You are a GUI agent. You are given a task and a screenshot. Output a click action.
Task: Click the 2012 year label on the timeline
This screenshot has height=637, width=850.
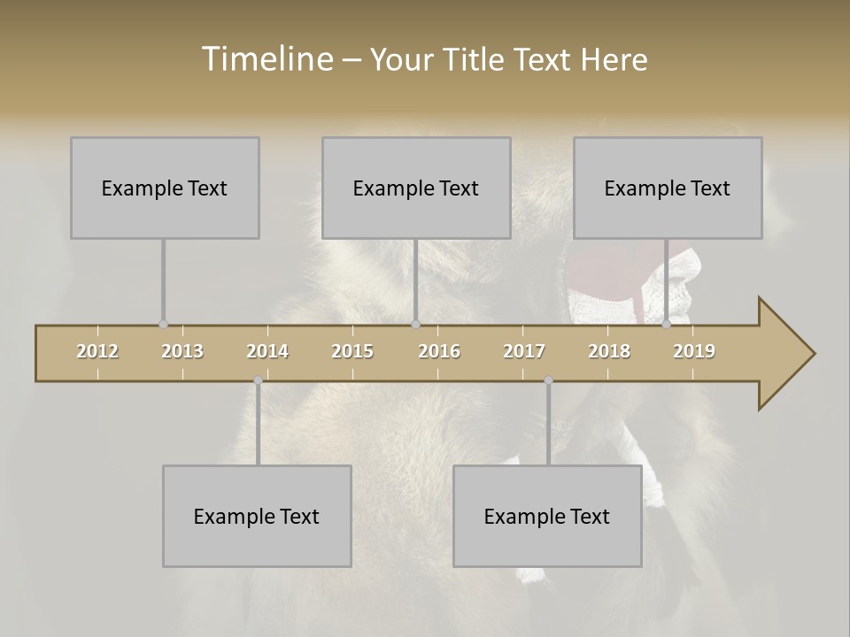97,351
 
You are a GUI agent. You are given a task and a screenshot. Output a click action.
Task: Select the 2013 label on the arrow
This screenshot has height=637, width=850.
182,351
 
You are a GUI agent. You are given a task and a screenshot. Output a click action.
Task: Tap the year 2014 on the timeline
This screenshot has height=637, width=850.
267,351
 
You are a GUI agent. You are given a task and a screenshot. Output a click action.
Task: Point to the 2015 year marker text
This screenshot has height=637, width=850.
352,351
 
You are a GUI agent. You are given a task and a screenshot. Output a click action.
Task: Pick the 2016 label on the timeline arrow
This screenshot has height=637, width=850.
439,351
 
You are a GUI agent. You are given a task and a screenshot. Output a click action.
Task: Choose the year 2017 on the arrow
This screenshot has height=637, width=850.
524,351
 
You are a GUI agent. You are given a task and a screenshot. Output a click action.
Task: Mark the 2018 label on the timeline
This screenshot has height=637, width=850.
609,351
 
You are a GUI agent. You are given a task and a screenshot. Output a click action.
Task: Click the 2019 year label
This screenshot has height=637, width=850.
694,351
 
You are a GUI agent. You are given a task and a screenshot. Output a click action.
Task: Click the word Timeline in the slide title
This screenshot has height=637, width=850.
267,59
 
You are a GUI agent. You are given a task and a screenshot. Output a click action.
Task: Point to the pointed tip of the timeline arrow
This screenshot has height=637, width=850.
813,354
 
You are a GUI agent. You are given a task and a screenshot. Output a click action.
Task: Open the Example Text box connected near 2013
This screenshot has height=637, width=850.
165,188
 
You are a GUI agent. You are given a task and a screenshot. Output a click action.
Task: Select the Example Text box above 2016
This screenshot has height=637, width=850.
416,188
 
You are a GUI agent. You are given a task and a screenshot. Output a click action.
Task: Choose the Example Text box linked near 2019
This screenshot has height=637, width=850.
668,188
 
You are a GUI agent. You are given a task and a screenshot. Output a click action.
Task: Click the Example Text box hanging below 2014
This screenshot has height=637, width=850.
257,516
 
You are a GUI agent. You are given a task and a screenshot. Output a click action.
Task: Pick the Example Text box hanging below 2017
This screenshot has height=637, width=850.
547,516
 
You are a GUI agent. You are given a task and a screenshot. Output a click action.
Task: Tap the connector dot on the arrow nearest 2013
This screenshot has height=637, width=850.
163,325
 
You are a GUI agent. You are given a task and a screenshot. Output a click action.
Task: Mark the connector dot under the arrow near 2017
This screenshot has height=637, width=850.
548,380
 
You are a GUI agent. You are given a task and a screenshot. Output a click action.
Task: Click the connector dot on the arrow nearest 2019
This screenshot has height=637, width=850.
667,325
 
